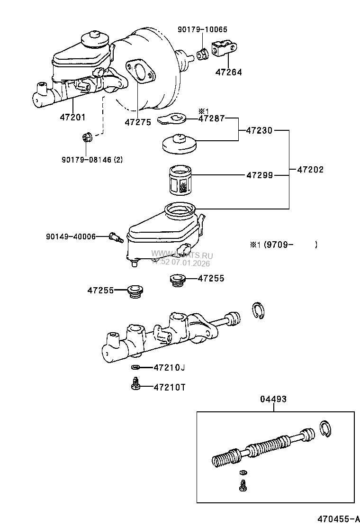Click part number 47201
click(72, 117)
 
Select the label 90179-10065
click(202, 29)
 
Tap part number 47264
click(228, 73)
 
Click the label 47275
click(138, 122)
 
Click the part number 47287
click(211, 118)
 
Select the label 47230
click(259, 130)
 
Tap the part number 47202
click(310, 169)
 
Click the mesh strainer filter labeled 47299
click(180, 180)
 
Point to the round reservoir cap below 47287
click(179, 144)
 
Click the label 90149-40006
click(71, 236)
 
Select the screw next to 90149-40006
click(116, 236)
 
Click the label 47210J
click(169, 367)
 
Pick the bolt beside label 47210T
click(135, 384)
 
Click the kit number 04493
click(273, 399)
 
